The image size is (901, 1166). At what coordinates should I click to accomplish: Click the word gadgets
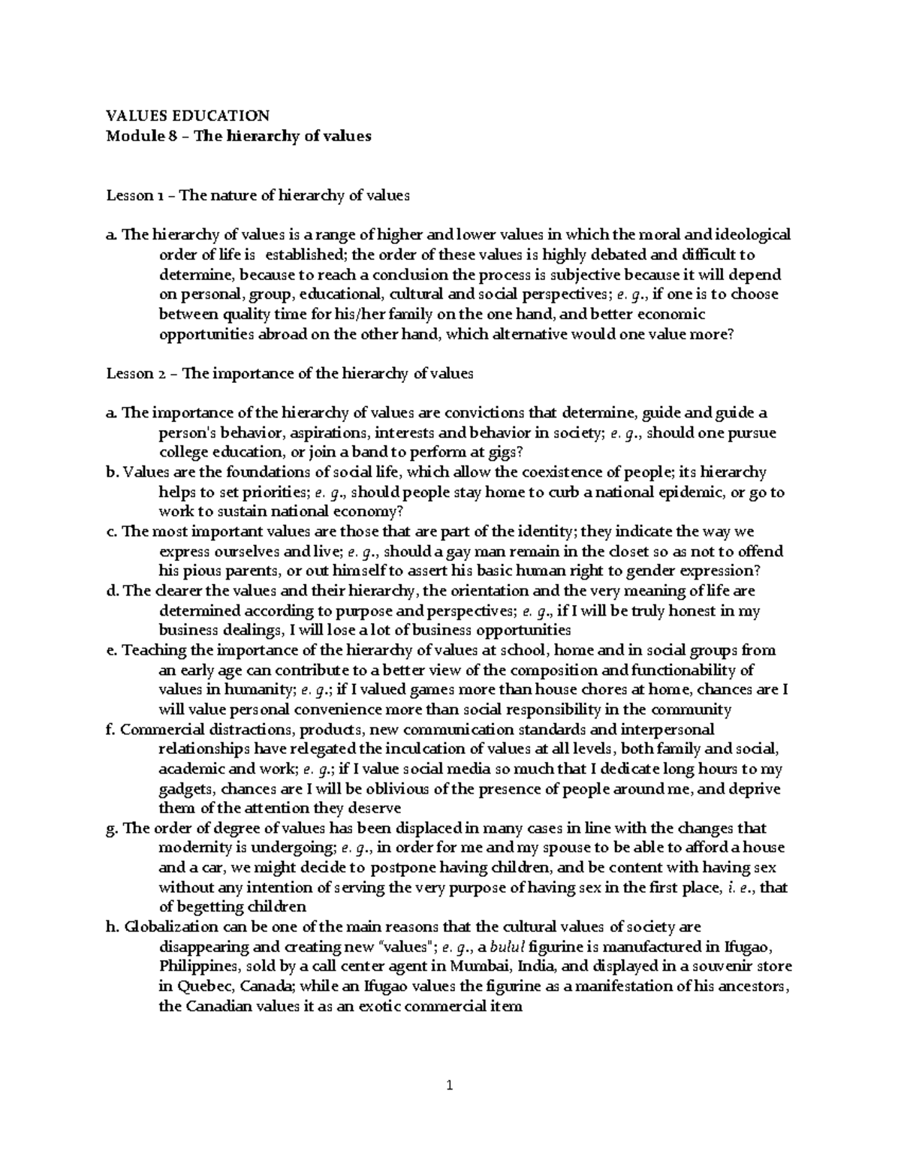[188, 789]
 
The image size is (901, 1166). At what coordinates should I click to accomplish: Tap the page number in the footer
[450, 1085]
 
